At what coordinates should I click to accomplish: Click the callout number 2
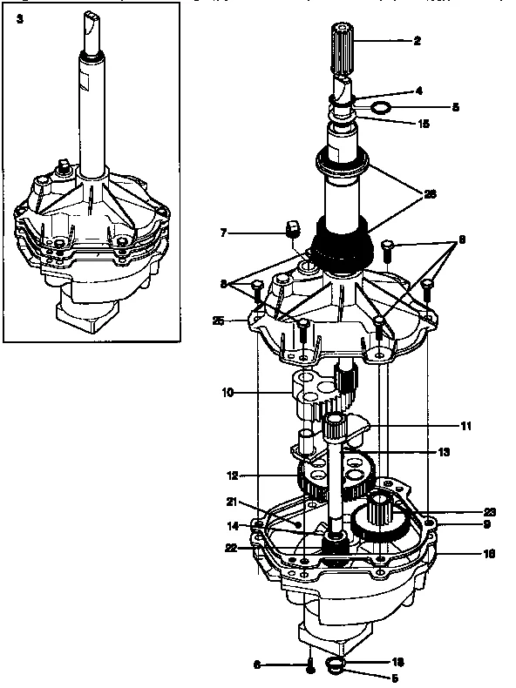coord(418,40)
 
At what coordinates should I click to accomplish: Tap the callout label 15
coord(424,124)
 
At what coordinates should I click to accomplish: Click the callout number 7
coord(224,233)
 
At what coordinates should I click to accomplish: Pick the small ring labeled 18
coord(335,666)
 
